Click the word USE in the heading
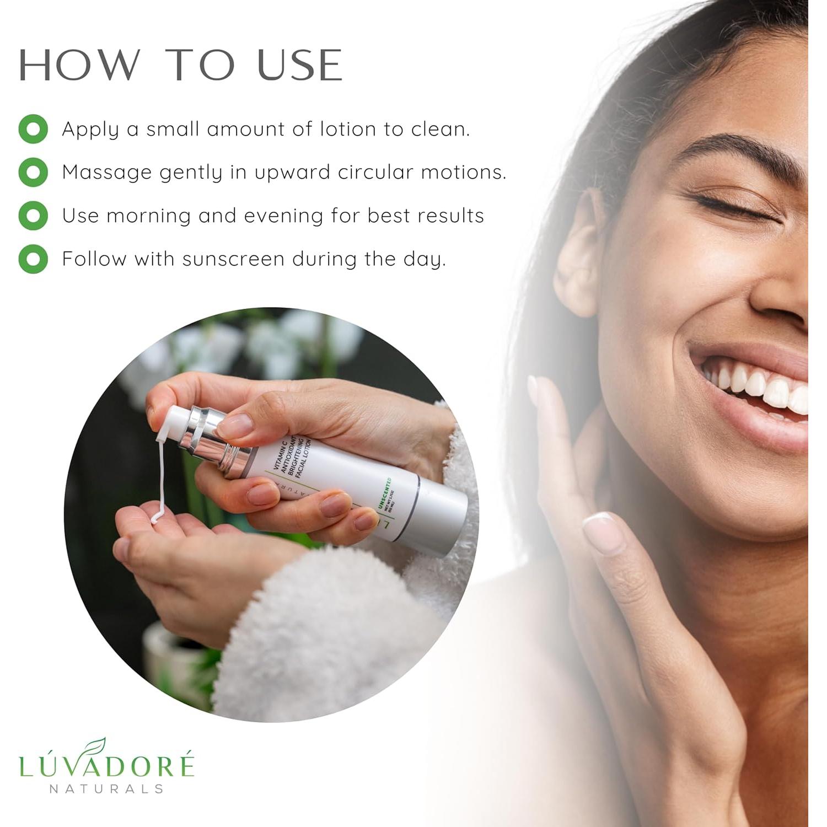click(x=299, y=65)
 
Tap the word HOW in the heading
click(x=79, y=65)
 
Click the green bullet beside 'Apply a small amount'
click(x=33, y=129)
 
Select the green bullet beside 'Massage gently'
click(x=33, y=172)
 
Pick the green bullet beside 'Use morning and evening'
click(x=33, y=215)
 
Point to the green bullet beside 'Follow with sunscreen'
click(x=33, y=259)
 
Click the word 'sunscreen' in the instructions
click(x=233, y=259)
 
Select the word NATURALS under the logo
click(x=107, y=789)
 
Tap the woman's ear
click(x=579, y=254)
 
